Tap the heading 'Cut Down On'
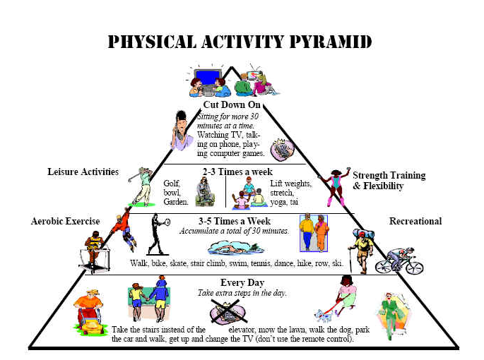232,104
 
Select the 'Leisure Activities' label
83,172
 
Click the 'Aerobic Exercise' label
66,221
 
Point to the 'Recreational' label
415,221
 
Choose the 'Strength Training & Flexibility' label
389,181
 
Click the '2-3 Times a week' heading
237,172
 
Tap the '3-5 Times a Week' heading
235,221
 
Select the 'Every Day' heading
242,282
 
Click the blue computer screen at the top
208,77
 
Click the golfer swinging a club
142,186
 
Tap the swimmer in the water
235,248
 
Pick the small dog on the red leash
323,316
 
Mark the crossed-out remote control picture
228,312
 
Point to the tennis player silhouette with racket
159,234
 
